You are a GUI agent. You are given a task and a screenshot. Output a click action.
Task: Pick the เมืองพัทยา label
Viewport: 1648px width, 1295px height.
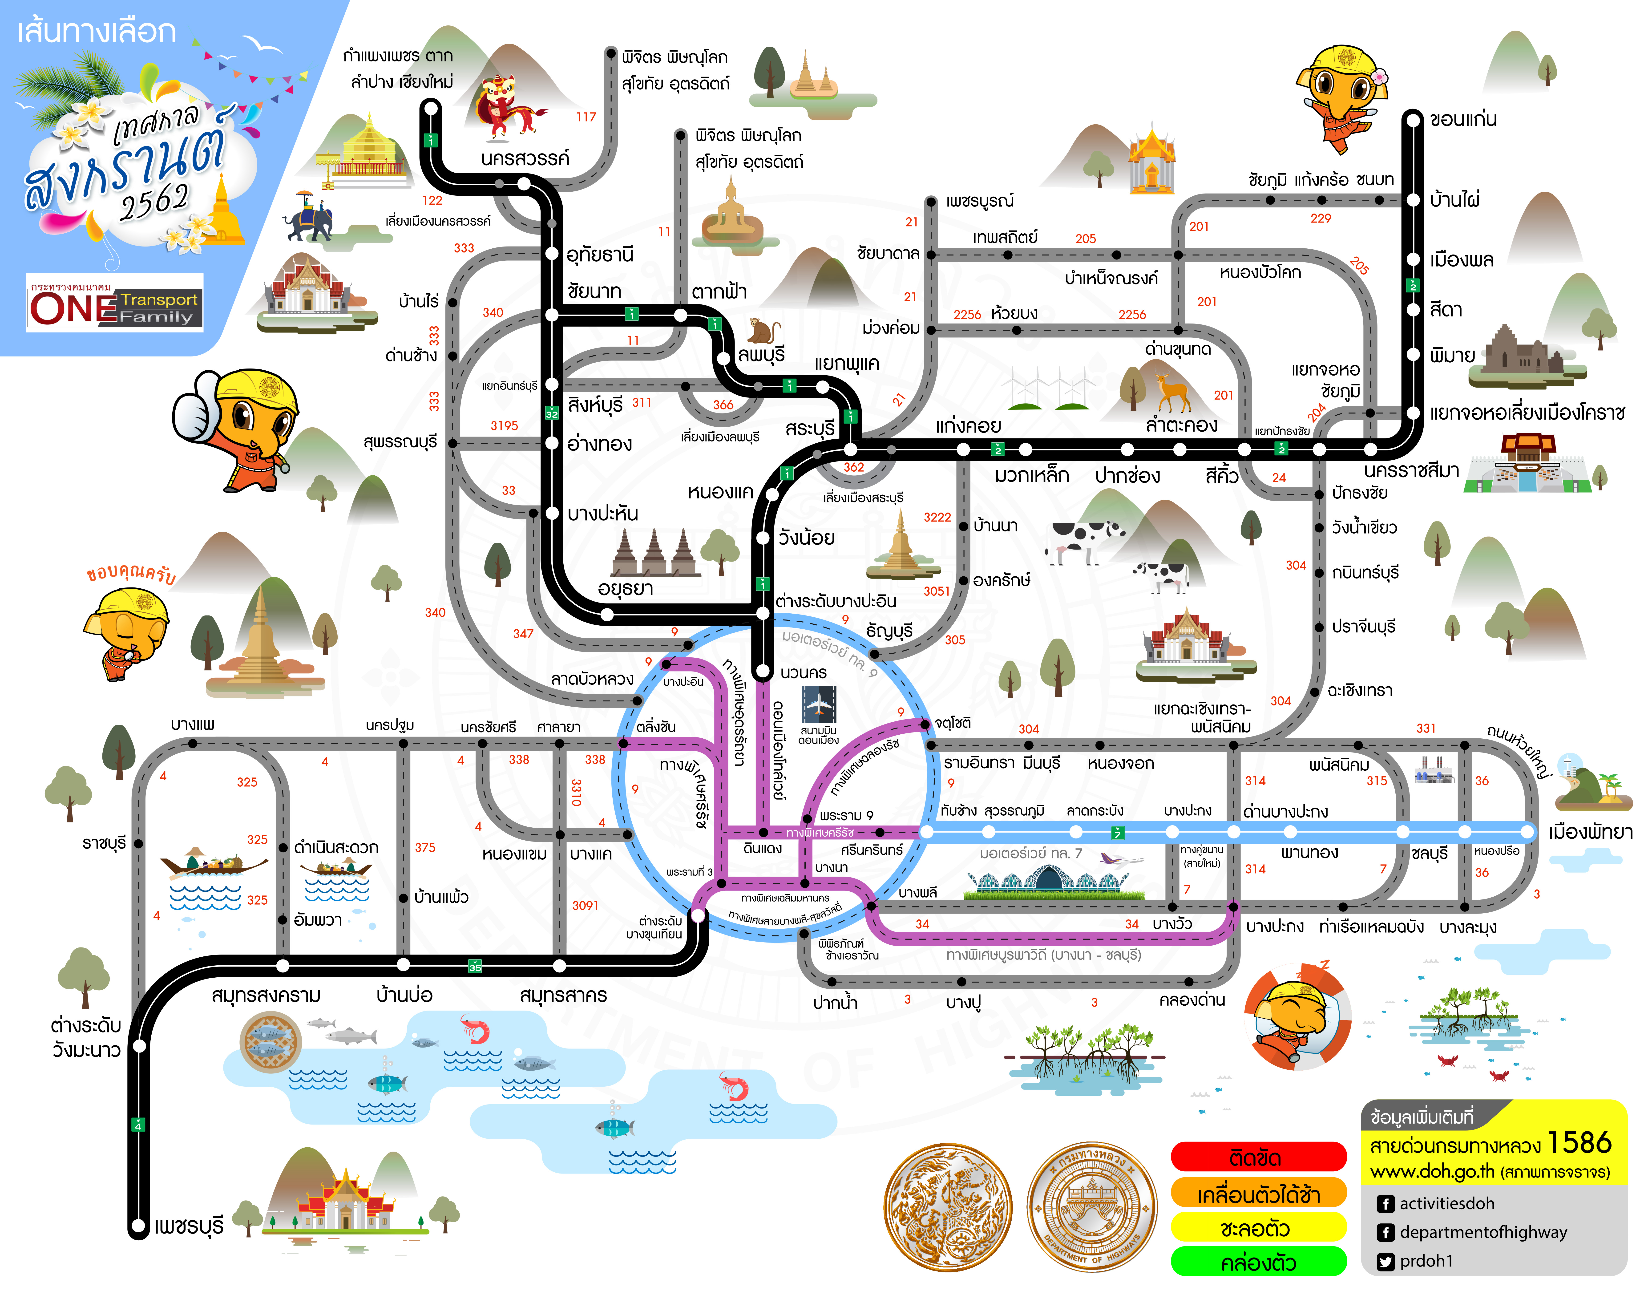(1590, 832)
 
